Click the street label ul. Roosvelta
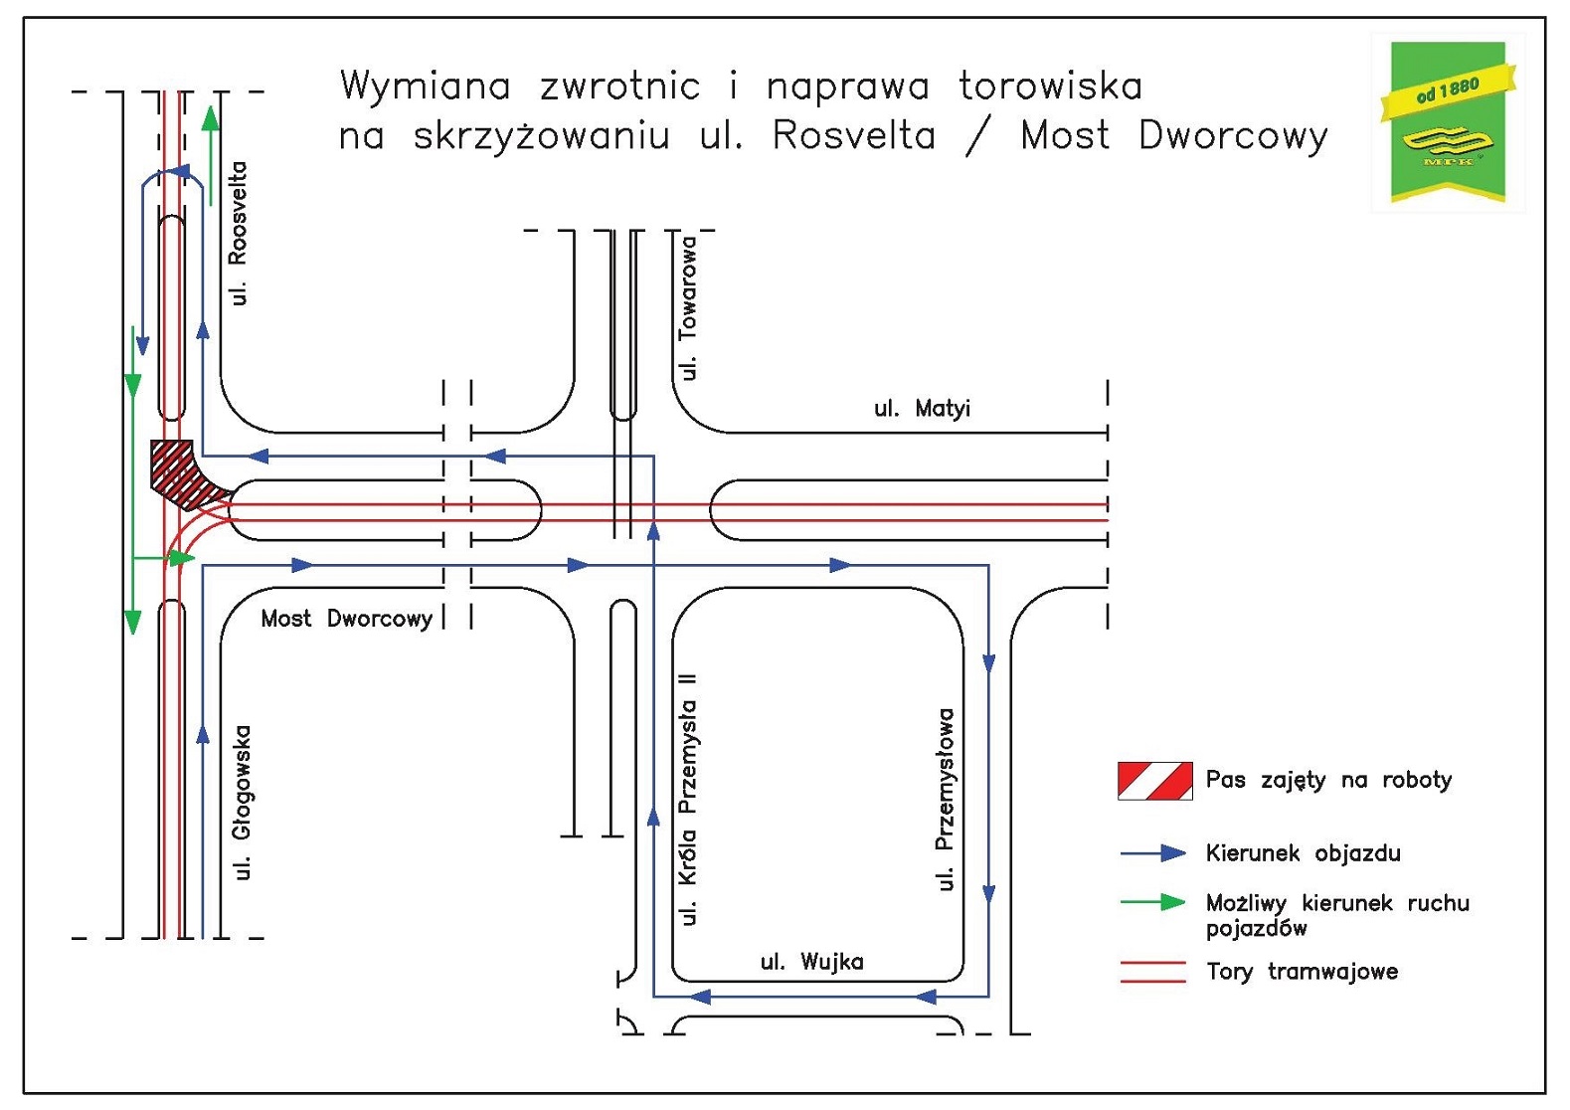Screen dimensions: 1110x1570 click(237, 234)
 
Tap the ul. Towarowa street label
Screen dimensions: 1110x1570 click(687, 307)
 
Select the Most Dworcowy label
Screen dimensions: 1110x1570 click(346, 619)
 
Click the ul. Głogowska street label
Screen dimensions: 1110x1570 click(242, 803)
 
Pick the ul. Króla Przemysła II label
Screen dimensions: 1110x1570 click(687, 799)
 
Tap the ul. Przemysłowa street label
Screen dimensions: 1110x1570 click(946, 799)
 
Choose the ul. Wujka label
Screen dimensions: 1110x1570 click(811, 962)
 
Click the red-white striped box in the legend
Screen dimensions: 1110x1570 click(1154, 781)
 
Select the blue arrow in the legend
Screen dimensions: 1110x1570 click(1153, 853)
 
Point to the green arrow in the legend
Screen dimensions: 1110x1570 click(1153, 902)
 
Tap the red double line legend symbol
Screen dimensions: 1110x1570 click(1153, 972)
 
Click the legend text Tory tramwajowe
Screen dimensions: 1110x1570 click(1302, 972)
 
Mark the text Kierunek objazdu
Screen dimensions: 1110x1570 click(1303, 853)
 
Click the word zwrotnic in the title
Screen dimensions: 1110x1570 click(619, 87)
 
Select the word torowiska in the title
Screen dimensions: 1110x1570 click(1050, 87)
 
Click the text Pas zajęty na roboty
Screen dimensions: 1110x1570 click(1328, 780)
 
